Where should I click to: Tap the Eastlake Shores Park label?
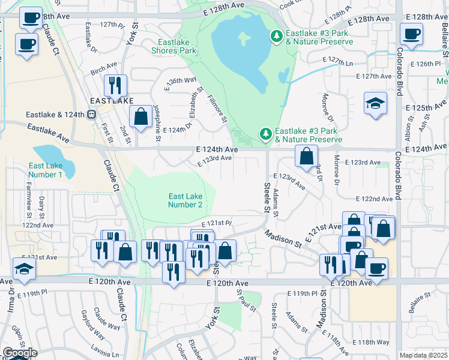(x=177, y=46)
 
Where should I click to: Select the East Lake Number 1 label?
(x=46, y=170)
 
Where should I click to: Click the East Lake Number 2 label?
(x=185, y=200)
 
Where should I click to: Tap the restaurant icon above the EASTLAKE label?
(x=115, y=86)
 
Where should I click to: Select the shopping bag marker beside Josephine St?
(x=140, y=117)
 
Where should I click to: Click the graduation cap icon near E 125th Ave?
(x=375, y=103)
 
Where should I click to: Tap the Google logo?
(x=20, y=353)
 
